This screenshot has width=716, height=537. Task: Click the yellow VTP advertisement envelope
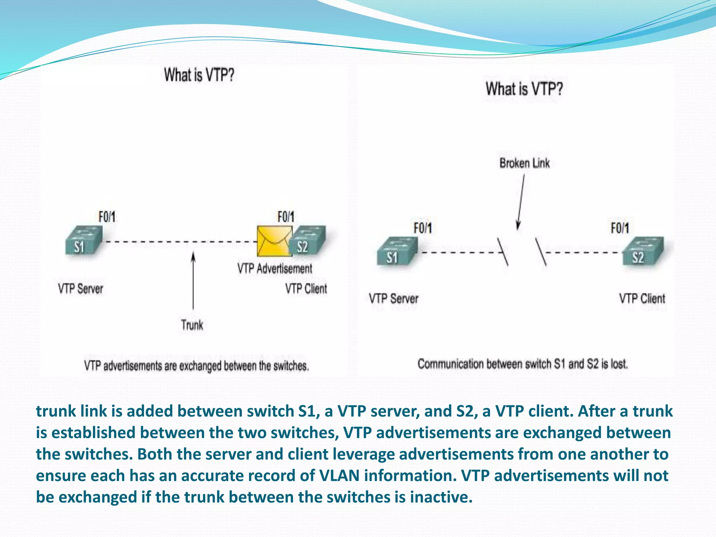tap(274, 241)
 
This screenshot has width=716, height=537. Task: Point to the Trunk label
tap(192, 325)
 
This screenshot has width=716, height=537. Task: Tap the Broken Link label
tap(524, 163)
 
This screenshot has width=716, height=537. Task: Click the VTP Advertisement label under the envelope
tap(275, 269)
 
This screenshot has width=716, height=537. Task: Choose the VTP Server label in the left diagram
tap(80, 289)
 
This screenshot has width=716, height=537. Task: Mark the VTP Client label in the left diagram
tap(306, 289)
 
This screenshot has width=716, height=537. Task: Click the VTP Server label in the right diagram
tap(394, 299)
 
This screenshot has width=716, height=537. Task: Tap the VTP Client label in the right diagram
tap(642, 299)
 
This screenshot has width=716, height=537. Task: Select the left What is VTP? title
tap(199, 75)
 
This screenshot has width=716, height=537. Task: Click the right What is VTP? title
tap(524, 89)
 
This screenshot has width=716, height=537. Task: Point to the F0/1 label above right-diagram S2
tap(620, 228)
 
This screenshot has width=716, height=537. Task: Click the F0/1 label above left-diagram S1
tap(107, 217)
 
